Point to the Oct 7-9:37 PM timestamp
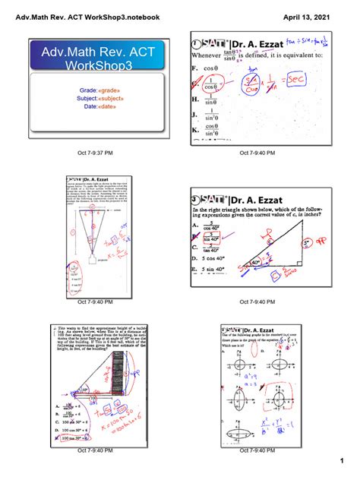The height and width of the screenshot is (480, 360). [x=96, y=153]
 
